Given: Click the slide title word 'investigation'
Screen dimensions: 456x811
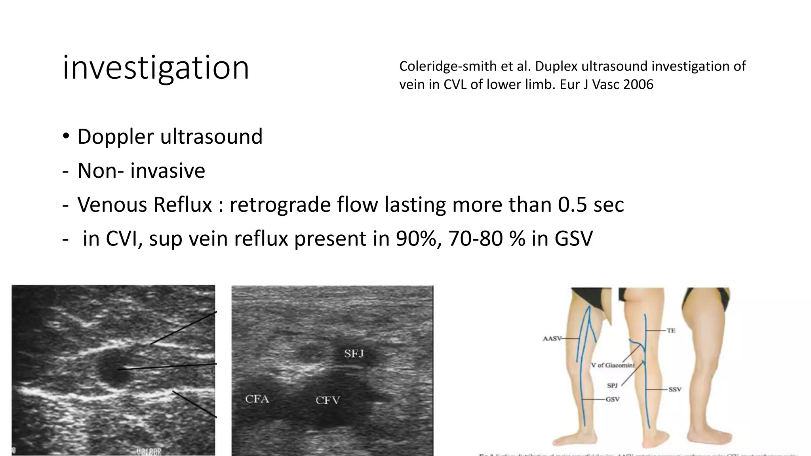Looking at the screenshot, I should [x=156, y=68].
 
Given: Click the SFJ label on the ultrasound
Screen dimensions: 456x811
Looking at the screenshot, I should [x=354, y=353].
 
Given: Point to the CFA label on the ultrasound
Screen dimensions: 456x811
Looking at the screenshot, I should [x=257, y=399].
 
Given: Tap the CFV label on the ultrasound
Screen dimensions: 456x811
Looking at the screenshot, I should [x=327, y=401].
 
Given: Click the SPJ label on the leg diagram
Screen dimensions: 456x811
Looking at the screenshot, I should [x=612, y=385].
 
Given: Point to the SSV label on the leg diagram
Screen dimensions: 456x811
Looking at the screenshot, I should [x=675, y=389].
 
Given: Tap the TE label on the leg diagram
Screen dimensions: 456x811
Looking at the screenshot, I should [x=671, y=331].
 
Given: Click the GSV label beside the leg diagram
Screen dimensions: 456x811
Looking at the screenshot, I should [x=612, y=399].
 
